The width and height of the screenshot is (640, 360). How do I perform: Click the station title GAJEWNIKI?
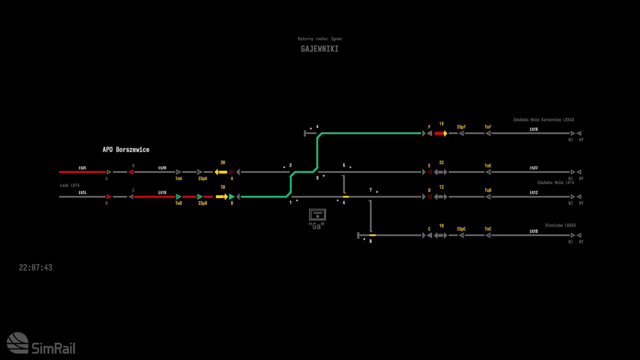pos(319,49)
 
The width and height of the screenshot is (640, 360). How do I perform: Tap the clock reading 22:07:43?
pos(36,268)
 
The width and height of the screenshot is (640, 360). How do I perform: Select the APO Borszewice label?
pos(126,150)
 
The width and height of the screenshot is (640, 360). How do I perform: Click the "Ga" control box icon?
pos(317,215)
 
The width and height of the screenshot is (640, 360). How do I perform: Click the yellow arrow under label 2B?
pos(221,172)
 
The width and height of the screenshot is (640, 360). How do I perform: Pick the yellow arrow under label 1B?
pos(222,197)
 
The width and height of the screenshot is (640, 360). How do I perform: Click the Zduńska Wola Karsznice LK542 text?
pos(543,120)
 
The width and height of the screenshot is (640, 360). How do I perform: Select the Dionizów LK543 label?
pos(560,225)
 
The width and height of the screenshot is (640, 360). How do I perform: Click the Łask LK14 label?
pos(70,185)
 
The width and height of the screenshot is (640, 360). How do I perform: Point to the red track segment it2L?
pos(82,172)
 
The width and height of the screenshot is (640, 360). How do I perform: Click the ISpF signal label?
pos(461,127)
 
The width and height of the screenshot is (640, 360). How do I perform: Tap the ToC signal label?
pos(488,229)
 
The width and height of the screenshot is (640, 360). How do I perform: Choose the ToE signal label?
pos(488,166)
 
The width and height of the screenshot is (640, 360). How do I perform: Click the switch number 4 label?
pos(317,127)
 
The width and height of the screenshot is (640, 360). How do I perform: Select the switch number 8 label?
pos(370,241)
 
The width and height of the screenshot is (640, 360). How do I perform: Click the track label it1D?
pos(533,231)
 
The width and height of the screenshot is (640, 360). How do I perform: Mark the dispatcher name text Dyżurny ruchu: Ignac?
pos(319,39)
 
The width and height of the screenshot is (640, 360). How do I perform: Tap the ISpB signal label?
pos(202,203)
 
